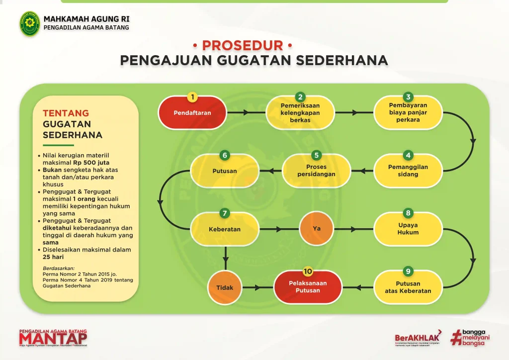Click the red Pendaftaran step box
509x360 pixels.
click(x=192, y=113)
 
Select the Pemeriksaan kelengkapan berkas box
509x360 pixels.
click(x=300, y=113)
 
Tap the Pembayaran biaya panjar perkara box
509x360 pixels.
click(x=408, y=113)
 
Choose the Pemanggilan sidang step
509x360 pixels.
click(x=408, y=171)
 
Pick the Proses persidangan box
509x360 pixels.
click(x=317, y=171)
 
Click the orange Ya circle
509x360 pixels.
click(x=317, y=229)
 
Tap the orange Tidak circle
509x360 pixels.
click(x=225, y=287)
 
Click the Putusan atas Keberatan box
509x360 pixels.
click(x=408, y=287)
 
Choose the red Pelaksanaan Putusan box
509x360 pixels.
click(x=308, y=287)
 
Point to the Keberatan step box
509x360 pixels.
click(x=225, y=229)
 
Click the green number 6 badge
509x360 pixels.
click(x=225, y=155)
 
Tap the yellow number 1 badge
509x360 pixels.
click(x=192, y=97)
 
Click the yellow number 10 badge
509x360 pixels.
click(x=308, y=271)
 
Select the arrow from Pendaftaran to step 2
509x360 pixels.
click(x=246, y=113)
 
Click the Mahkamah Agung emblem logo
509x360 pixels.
click(x=30, y=23)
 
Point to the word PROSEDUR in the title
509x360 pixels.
click(x=242, y=46)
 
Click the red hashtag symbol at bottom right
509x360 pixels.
click(x=455, y=338)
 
